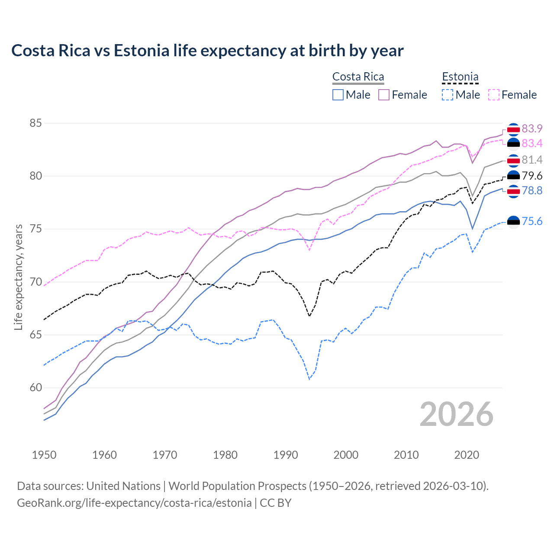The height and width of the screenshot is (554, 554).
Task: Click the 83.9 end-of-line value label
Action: pyautogui.click(x=532, y=129)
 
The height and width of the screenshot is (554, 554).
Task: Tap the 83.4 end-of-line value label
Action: pyautogui.click(x=532, y=143)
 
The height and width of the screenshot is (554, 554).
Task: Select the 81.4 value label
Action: pyautogui.click(x=532, y=160)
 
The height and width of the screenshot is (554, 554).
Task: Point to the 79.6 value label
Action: pyautogui.click(x=532, y=176)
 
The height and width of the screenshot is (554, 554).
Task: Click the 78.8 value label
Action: pyautogui.click(x=532, y=190)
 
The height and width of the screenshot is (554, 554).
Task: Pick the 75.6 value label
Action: pyautogui.click(x=532, y=222)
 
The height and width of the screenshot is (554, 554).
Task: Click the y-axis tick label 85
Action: pyautogui.click(x=35, y=123)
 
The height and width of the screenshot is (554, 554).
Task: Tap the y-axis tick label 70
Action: pyautogui.click(x=35, y=282)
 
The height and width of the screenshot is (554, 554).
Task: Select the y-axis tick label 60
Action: pyautogui.click(x=35, y=388)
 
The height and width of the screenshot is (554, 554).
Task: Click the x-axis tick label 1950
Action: pyautogui.click(x=44, y=455)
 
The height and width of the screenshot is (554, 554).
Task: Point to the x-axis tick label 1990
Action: pyautogui.click(x=286, y=455)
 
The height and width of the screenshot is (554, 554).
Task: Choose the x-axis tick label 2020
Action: pyautogui.click(x=467, y=455)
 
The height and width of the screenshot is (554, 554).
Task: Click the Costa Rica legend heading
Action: pyautogui.click(x=358, y=77)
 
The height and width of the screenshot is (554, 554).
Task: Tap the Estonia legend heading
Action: pyautogui.click(x=460, y=77)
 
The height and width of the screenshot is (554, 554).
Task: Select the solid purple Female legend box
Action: pyautogui.click(x=384, y=95)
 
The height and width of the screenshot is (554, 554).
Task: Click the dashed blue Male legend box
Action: pyautogui.click(x=448, y=95)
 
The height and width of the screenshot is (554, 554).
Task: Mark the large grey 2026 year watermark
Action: pyautogui.click(x=456, y=414)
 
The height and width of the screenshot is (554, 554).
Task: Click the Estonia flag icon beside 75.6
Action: pyautogui.click(x=513, y=222)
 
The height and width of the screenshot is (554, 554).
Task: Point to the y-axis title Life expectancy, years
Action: pyautogui.click(x=18, y=277)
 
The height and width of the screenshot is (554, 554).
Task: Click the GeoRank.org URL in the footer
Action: pyautogui.click(x=134, y=503)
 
